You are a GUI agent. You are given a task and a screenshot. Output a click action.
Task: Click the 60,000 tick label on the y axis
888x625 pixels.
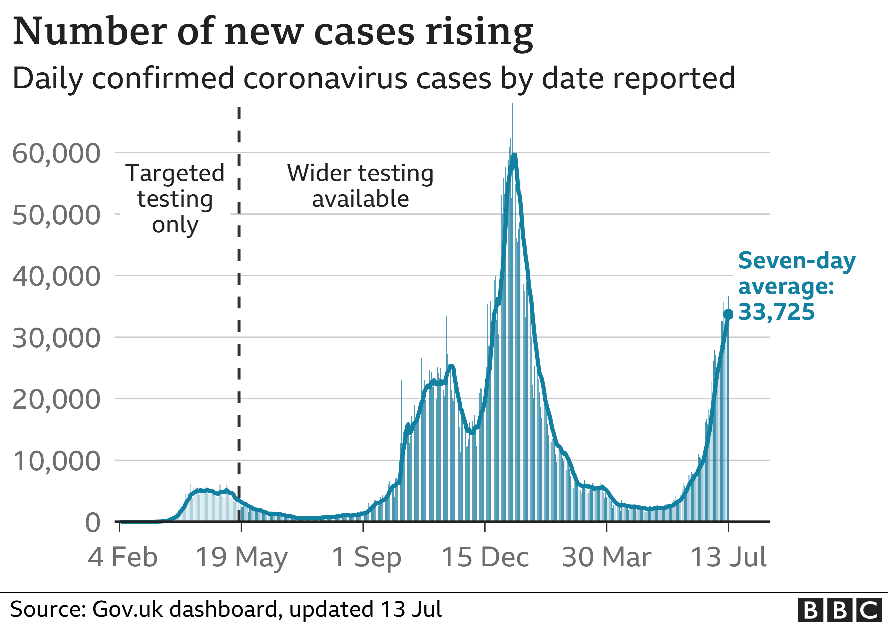point(57,154)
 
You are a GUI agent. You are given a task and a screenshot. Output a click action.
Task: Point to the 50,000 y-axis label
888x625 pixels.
point(57,215)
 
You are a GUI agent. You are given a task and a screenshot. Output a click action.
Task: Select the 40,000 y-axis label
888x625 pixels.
point(57,277)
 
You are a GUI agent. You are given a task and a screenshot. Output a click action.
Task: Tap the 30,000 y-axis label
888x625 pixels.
point(57,338)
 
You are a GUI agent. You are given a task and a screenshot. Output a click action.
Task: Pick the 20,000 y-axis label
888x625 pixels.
point(57,400)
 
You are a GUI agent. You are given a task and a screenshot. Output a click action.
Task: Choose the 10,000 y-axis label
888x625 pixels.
point(57,461)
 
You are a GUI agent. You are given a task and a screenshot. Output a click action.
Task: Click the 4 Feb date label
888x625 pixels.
point(123,557)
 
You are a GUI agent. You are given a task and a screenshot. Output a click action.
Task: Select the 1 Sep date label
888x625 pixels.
point(366,557)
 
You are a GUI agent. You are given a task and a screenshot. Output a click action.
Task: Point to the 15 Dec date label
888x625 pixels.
point(485,557)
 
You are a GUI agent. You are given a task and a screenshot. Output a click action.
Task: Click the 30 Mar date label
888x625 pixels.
point(607,557)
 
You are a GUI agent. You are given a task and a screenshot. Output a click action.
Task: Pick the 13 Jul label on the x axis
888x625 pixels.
point(728,557)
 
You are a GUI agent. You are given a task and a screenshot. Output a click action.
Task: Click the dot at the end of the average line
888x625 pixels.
point(728,314)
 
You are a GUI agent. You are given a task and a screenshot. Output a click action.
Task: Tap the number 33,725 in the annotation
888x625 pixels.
point(776,312)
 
